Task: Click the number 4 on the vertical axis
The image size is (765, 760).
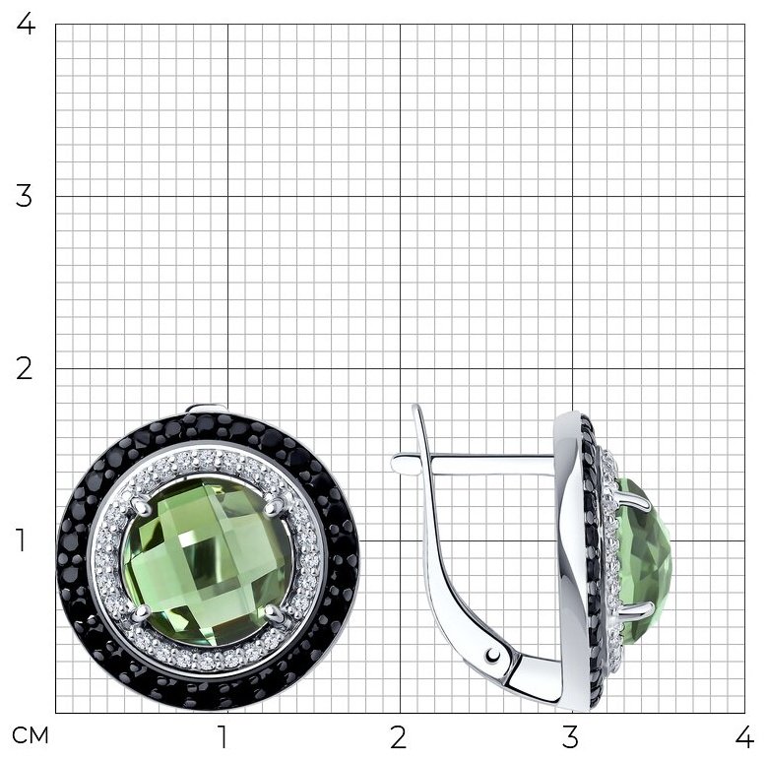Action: click(26, 24)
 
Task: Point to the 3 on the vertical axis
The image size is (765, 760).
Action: click(24, 196)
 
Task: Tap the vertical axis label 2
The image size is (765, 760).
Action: click(24, 368)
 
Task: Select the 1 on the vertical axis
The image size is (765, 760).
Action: click(21, 540)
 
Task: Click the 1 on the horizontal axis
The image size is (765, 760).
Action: click(223, 737)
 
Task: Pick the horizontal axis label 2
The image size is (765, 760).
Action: click(398, 737)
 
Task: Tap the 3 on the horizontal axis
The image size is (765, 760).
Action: click(570, 737)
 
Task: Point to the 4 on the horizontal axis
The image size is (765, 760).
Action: click(744, 737)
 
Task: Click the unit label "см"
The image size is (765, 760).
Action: click(31, 735)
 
